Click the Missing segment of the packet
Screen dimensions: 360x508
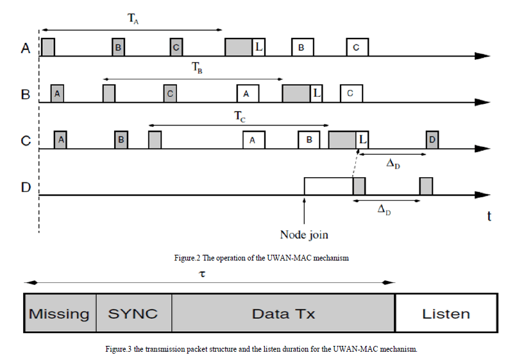pyautogui.click(x=60, y=314)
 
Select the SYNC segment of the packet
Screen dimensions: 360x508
pyautogui.click(x=133, y=314)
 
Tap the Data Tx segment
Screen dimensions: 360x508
pyautogui.click(x=284, y=314)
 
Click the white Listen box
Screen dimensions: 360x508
pyautogui.click(x=446, y=314)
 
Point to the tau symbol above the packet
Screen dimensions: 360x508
pyautogui.click(x=203, y=273)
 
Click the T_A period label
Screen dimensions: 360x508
pyautogui.click(x=133, y=19)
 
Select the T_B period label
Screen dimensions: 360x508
pyautogui.click(x=197, y=68)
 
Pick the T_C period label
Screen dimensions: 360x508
pyautogui.click(x=239, y=117)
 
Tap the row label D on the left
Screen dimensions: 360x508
pyautogui.click(x=26, y=188)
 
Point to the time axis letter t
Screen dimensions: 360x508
pyautogui.click(x=489, y=216)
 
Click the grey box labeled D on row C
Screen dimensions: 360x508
pyautogui.click(x=432, y=139)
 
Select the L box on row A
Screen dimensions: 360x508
pyautogui.click(x=258, y=47)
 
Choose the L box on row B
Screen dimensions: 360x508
pyautogui.click(x=316, y=94)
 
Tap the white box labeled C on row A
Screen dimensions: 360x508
pyautogui.click(x=357, y=47)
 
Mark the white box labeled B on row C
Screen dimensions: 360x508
pyautogui.click(x=309, y=140)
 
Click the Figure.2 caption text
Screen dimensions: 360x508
pyautogui.click(x=261, y=258)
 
